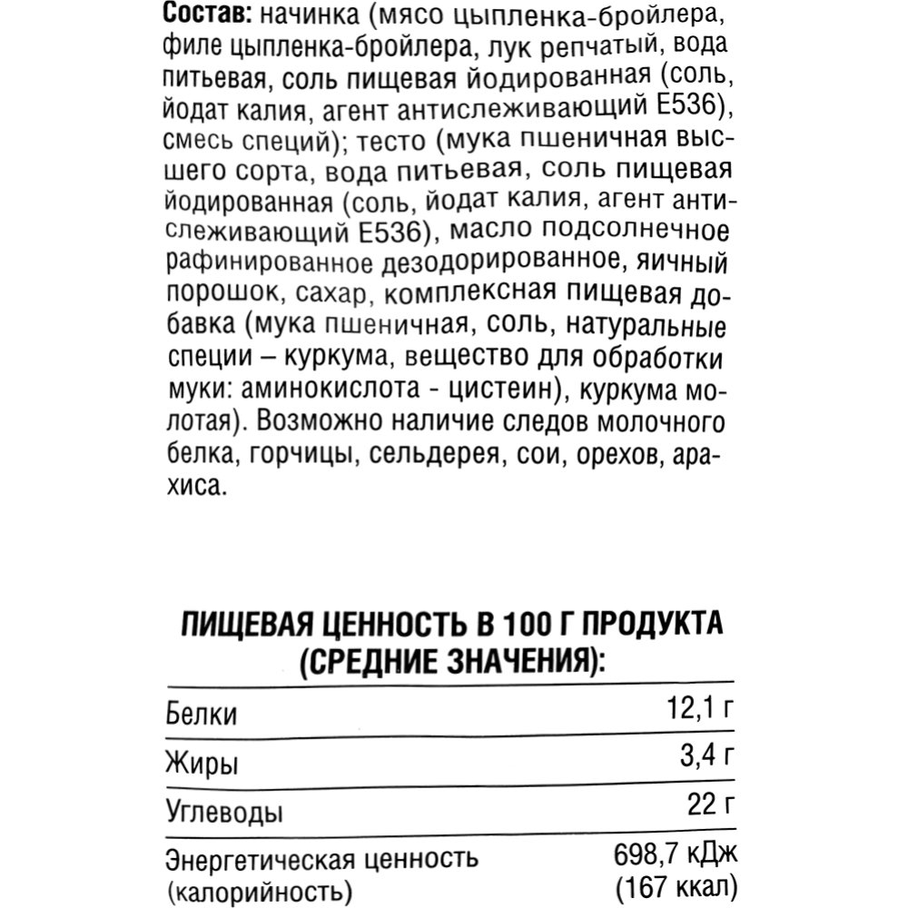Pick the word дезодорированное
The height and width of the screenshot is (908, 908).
coord(499,263)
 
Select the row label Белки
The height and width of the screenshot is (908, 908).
coord(202,716)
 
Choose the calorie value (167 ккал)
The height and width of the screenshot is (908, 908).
coord(673,885)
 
